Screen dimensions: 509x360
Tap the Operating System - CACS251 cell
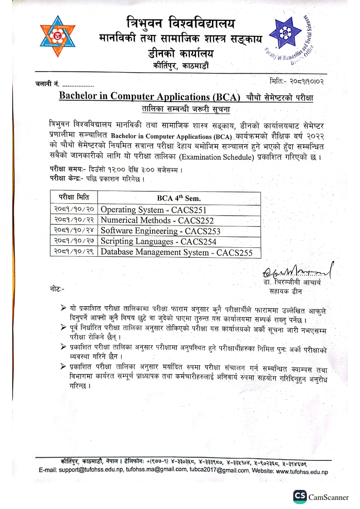click(x=153, y=210)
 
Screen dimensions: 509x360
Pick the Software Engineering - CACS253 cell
click(x=160, y=231)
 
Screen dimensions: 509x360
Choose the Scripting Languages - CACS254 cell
click(x=158, y=241)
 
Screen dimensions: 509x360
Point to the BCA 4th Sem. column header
click(x=179, y=198)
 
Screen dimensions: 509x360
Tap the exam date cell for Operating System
click(x=74, y=210)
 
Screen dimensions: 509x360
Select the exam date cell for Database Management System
click(x=74, y=252)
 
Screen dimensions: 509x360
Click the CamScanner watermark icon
click(x=300, y=497)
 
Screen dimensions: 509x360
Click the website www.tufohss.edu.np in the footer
click(x=301, y=471)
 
